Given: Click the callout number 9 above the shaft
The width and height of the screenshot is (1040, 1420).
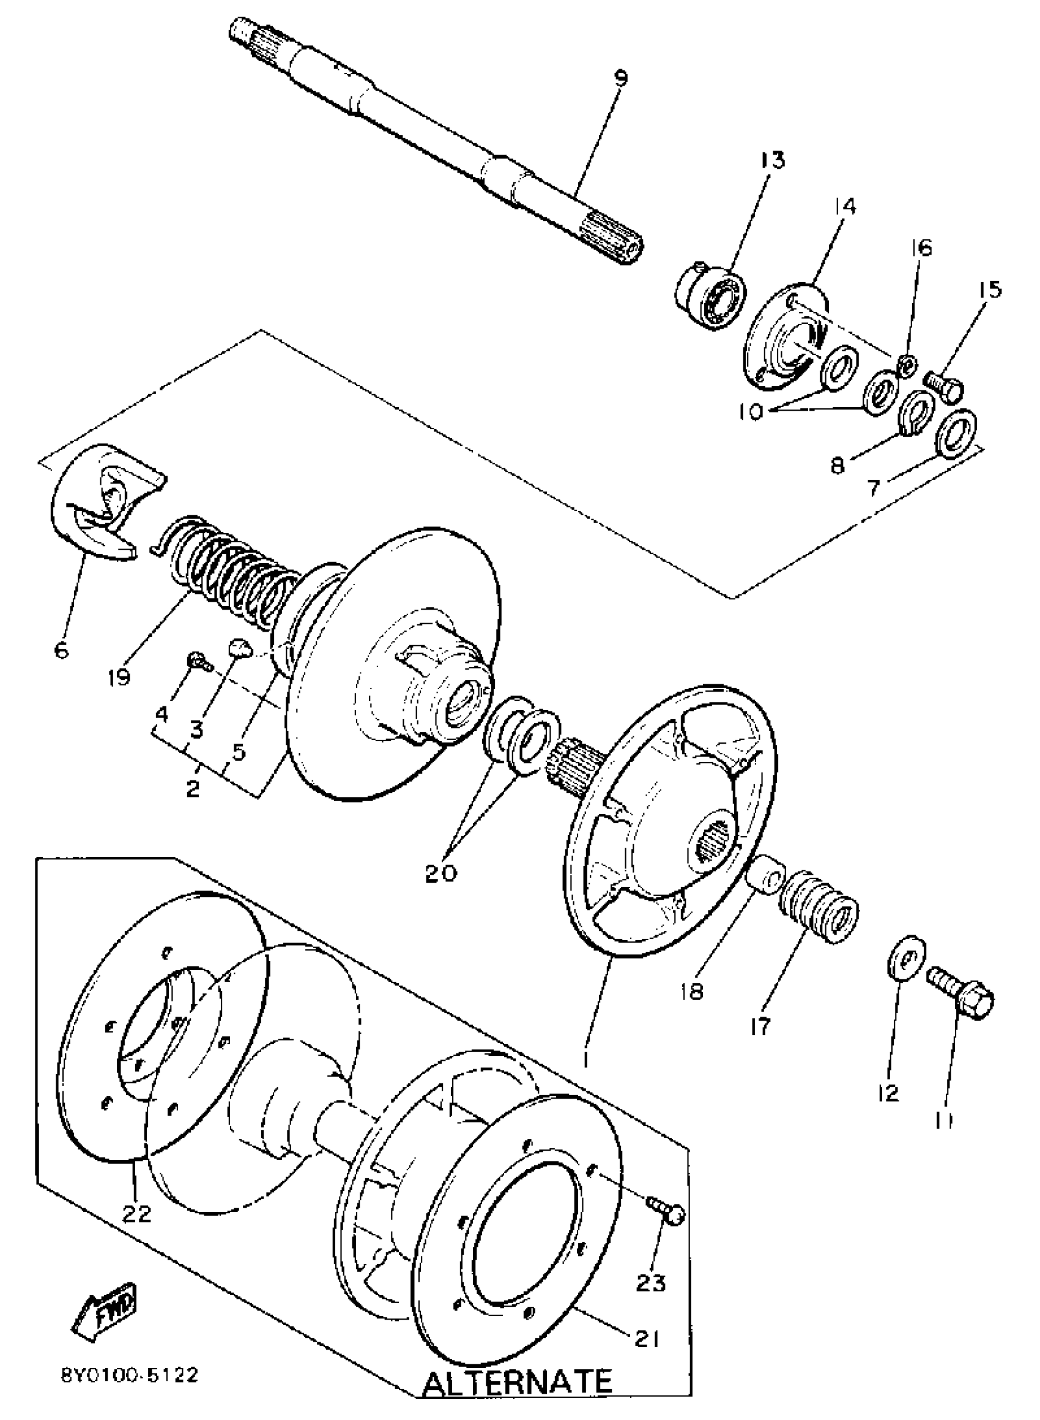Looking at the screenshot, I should coord(620,80).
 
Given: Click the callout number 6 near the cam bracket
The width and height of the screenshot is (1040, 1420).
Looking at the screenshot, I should coord(61,650).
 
